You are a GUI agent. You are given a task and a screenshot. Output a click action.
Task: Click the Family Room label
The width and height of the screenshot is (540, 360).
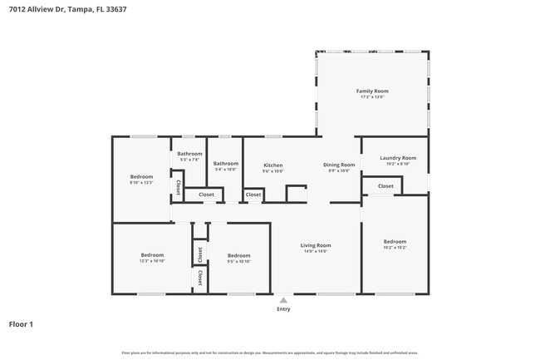(372, 91)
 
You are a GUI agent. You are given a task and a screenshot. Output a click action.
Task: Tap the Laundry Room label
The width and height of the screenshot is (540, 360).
(398, 158)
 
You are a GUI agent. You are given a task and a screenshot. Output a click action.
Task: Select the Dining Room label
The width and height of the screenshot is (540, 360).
(339, 165)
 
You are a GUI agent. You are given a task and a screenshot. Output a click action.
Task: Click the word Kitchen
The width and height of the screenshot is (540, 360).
(273, 165)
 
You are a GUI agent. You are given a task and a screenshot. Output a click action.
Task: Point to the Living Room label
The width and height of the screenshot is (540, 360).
(316, 245)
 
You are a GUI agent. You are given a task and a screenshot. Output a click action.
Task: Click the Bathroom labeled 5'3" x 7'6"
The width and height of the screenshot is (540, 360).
(189, 154)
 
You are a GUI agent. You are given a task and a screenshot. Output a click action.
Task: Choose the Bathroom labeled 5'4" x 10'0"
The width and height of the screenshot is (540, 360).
(225, 164)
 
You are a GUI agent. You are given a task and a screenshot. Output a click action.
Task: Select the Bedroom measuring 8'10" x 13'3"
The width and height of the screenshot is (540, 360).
(141, 177)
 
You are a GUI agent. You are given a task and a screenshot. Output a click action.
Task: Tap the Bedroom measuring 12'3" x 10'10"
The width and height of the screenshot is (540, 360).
(152, 255)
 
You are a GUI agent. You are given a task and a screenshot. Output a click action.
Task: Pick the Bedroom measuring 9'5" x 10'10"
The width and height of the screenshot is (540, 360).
(238, 255)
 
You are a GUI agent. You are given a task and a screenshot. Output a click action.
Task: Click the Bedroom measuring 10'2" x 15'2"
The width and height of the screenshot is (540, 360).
(395, 242)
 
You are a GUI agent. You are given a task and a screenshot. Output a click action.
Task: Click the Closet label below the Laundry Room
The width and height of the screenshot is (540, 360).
(385, 186)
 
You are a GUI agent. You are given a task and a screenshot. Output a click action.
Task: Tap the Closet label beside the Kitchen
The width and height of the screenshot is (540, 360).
(253, 195)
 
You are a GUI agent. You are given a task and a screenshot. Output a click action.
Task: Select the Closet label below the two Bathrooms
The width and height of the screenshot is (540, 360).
(206, 195)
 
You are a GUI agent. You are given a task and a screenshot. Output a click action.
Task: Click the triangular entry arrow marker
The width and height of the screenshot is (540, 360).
(283, 300)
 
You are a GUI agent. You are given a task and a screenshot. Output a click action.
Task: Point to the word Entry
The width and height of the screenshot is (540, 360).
(283, 309)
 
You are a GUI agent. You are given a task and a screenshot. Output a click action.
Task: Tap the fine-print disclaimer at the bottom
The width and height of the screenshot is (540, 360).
(269, 353)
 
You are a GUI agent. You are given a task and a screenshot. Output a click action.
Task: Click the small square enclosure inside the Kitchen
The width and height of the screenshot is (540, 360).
(297, 193)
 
